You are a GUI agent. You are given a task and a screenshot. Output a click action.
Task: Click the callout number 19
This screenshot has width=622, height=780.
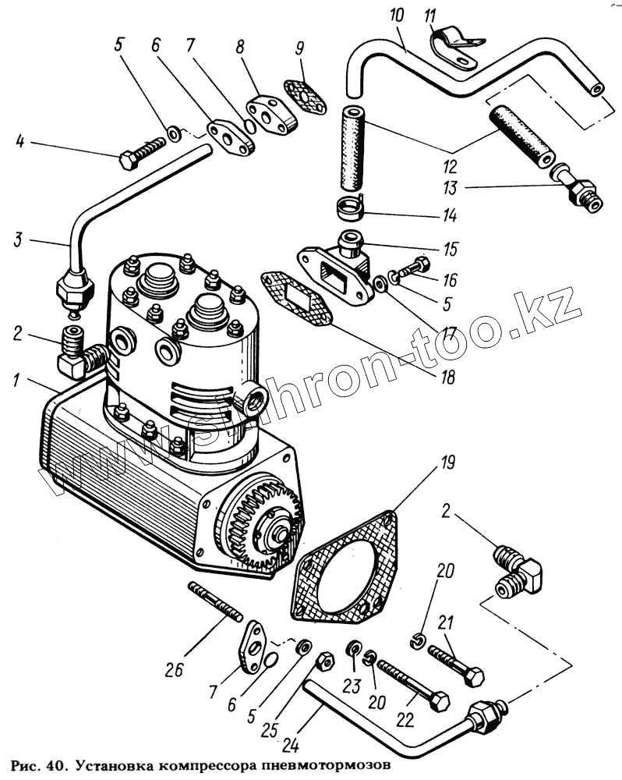pos(446,464)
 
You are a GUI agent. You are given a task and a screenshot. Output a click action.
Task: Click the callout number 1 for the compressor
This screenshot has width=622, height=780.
pos(15,381)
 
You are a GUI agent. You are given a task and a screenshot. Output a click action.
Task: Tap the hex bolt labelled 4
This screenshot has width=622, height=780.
pos(141,153)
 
